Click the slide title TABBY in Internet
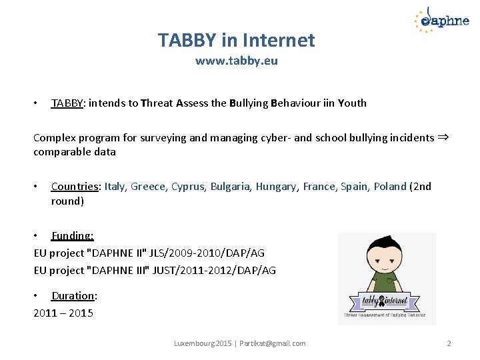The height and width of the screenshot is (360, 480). click(236, 40)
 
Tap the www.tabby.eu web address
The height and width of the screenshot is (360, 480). click(236, 61)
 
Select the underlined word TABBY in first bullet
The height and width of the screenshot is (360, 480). click(67, 103)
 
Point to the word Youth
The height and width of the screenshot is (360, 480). click(352, 103)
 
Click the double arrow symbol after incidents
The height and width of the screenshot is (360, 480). click(443, 137)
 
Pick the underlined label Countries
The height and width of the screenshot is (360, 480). click(75, 187)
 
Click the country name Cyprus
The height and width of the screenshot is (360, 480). click(188, 187)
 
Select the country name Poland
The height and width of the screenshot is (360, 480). click(389, 187)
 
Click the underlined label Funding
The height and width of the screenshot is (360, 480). click(72, 235)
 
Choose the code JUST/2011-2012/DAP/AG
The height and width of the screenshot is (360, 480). click(219, 270)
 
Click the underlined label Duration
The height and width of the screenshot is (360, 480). click(74, 295)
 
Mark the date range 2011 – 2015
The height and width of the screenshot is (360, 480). click(63, 313)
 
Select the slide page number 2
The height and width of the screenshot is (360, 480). click(449, 343)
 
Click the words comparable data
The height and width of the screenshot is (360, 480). click(75, 152)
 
